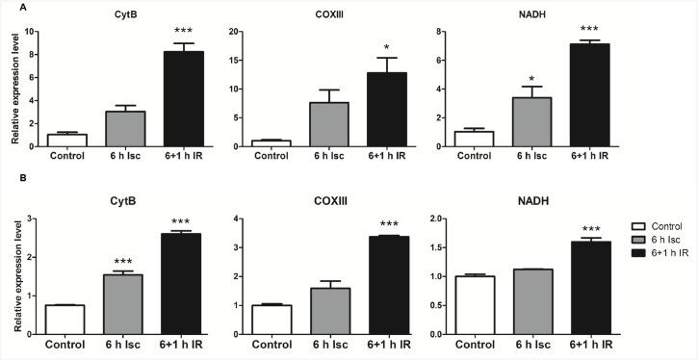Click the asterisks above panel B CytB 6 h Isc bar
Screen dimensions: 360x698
coord(122,262)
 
